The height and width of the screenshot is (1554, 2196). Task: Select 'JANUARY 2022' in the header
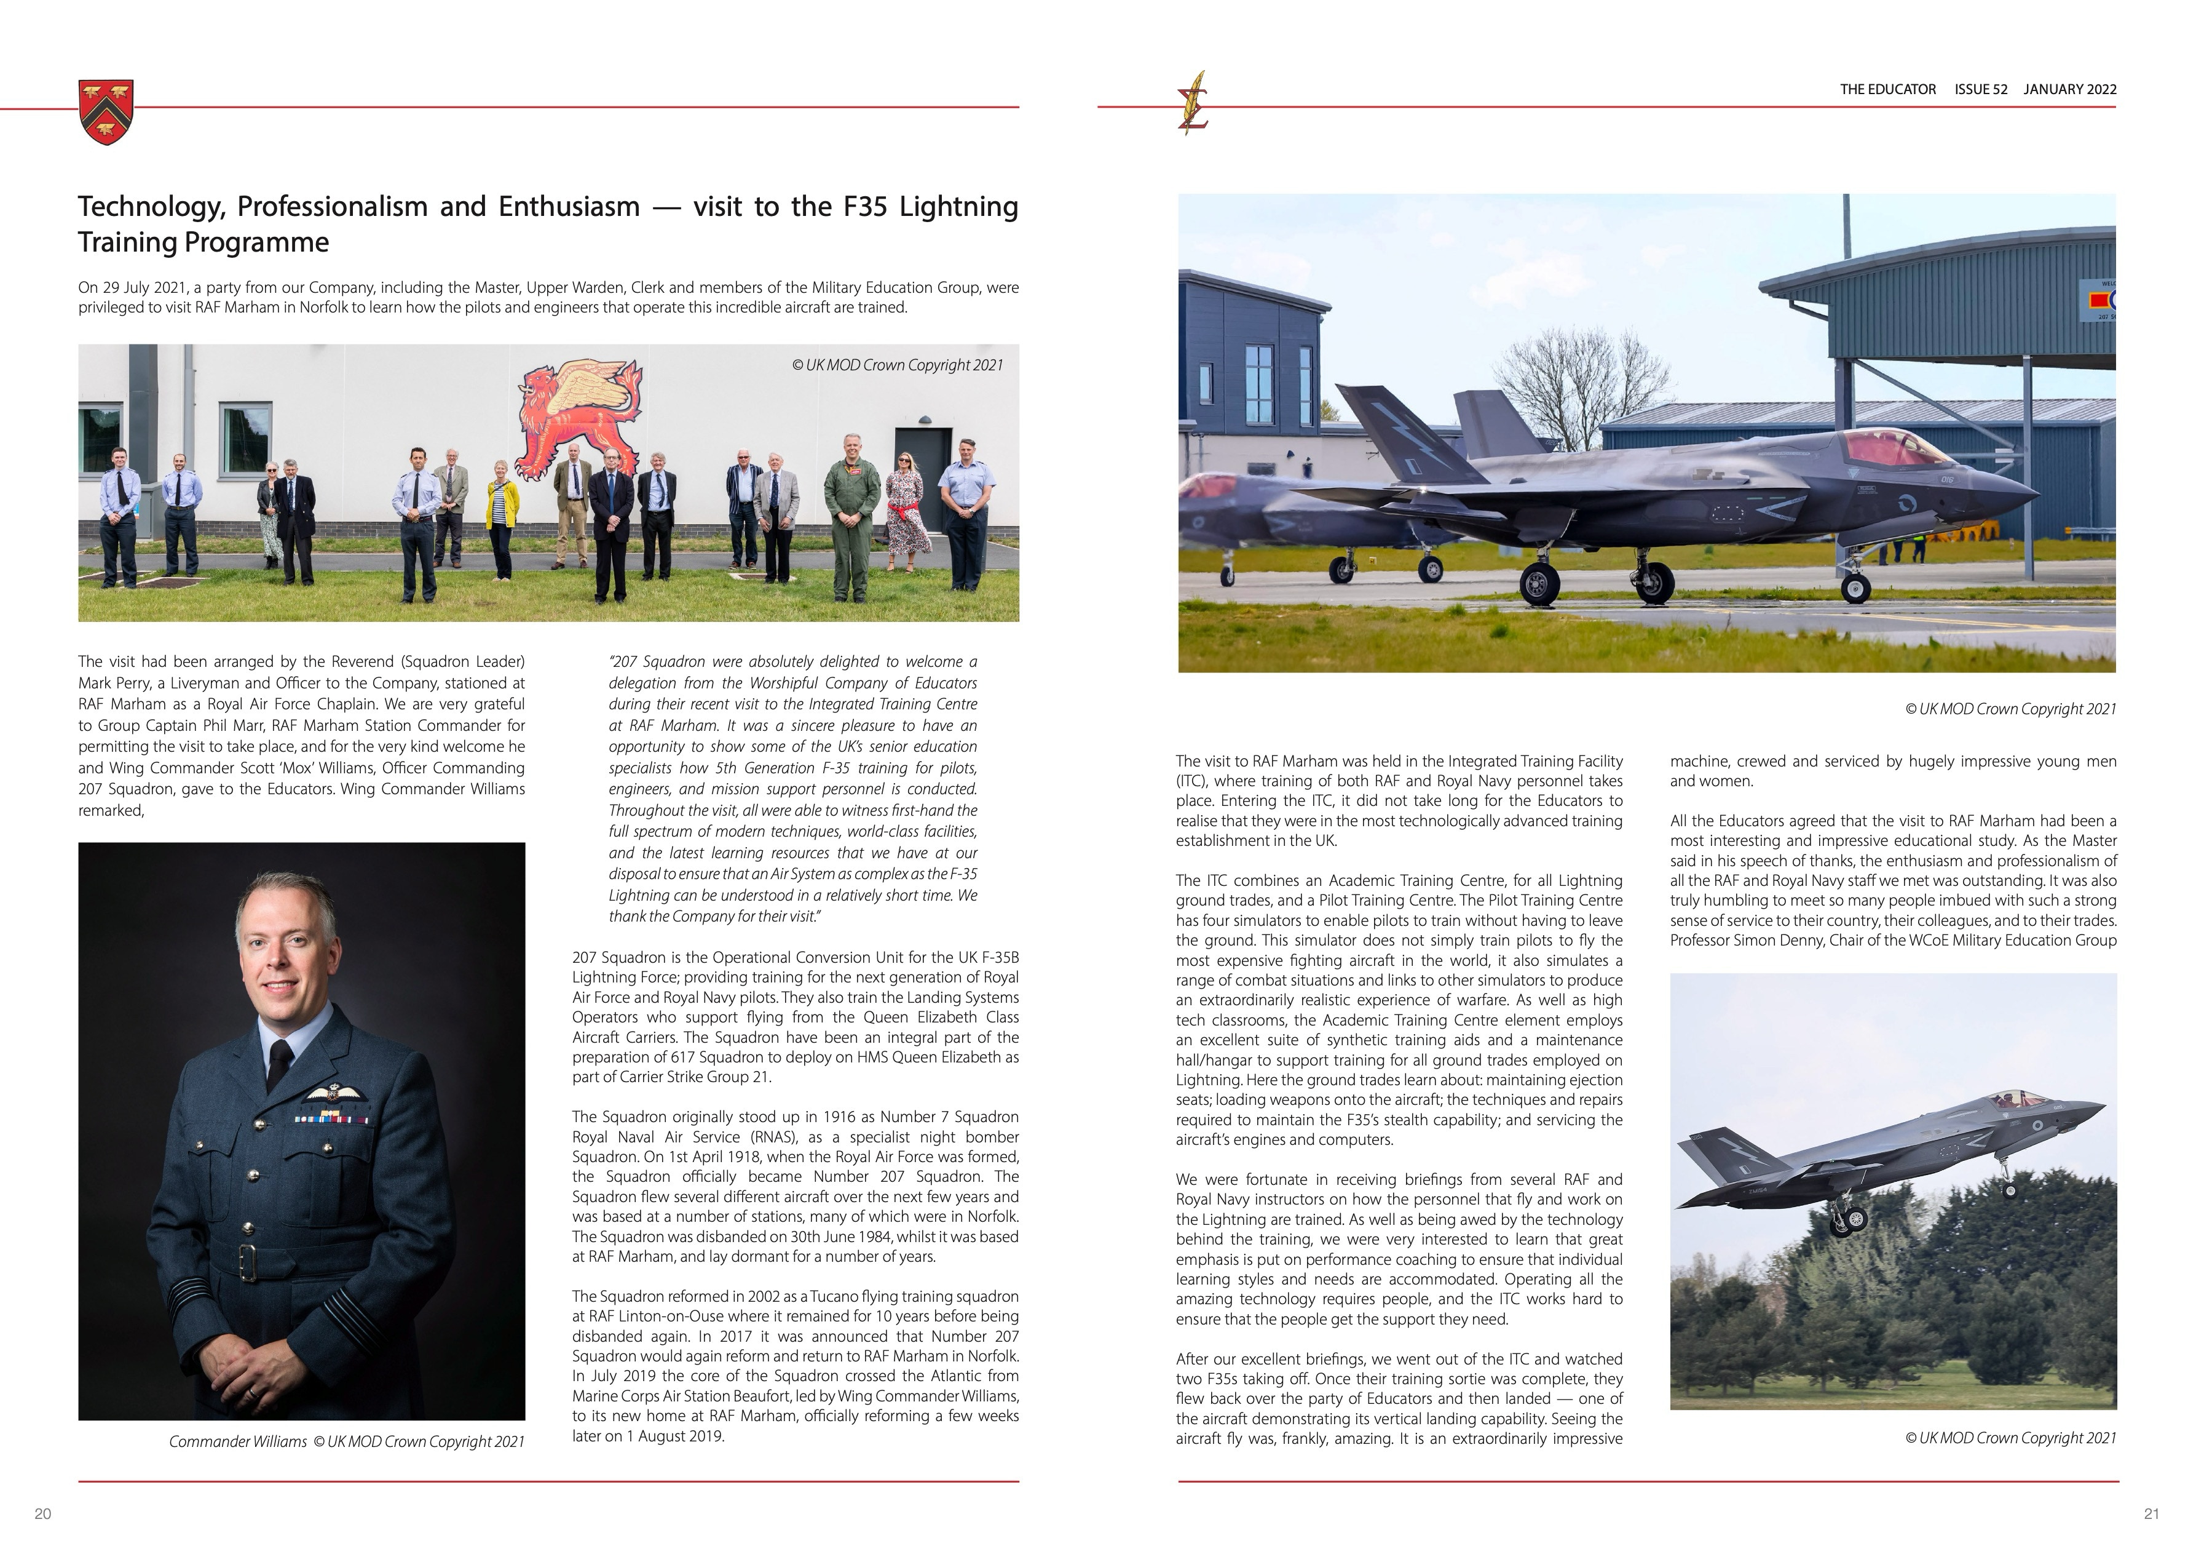tap(2070, 89)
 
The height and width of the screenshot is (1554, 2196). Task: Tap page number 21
tap(2151, 1513)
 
